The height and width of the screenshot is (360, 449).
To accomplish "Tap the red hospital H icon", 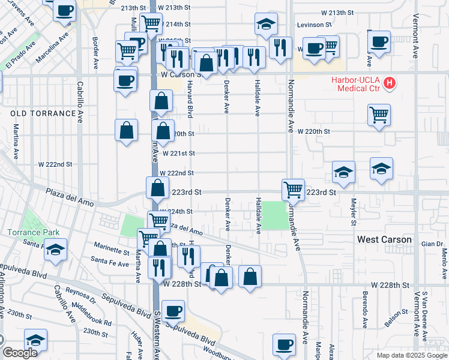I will click(390, 82).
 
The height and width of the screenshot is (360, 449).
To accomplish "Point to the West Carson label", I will click(384, 239).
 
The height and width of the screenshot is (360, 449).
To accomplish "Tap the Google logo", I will click(20, 353).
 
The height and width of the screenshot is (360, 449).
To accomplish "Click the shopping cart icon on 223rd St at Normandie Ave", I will click(293, 190).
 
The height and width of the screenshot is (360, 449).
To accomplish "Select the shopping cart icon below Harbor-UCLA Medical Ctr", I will click(378, 114).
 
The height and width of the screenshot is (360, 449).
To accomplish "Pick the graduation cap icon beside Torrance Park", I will click(55, 250).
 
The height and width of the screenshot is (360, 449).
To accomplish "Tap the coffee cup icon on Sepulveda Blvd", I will click(173, 310).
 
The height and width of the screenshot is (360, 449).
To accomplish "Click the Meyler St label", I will click(354, 212).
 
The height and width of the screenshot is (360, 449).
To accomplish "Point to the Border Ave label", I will click(96, 55).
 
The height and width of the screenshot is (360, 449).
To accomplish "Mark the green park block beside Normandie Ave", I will click(274, 215).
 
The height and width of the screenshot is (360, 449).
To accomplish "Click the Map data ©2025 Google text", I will click(412, 355).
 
